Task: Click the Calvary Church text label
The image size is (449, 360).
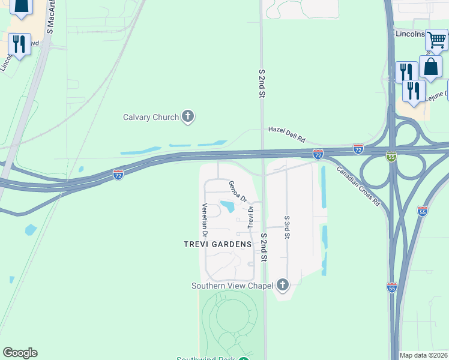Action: pyautogui.click(x=151, y=117)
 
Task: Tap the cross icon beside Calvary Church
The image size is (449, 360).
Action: pyautogui.click(x=188, y=116)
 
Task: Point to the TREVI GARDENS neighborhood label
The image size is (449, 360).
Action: pyautogui.click(x=217, y=244)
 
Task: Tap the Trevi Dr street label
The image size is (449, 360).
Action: pyautogui.click(x=251, y=215)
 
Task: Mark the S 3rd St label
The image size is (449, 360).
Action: pyautogui.click(x=288, y=227)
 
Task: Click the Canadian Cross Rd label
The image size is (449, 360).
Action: pyautogui.click(x=358, y=186)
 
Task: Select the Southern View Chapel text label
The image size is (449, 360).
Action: pyautogui.click(x=232, y=286)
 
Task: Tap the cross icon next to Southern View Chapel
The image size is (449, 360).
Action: pyautogui.click(x=282, y=284)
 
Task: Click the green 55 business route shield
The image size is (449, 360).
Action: pyautogui.click(x=391, y=156)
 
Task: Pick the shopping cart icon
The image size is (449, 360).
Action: pyautogui.click(x=436, y=40)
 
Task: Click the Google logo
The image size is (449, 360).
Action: pyautogui.click(x=20, y=353)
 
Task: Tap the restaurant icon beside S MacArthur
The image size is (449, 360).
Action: pyautogui.click(x=19, y=45)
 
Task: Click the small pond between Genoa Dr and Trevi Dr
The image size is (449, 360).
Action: pyautogui.click(x=228, y=207)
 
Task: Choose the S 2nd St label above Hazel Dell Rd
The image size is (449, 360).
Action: pyautogui.click(x=262, y=83)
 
